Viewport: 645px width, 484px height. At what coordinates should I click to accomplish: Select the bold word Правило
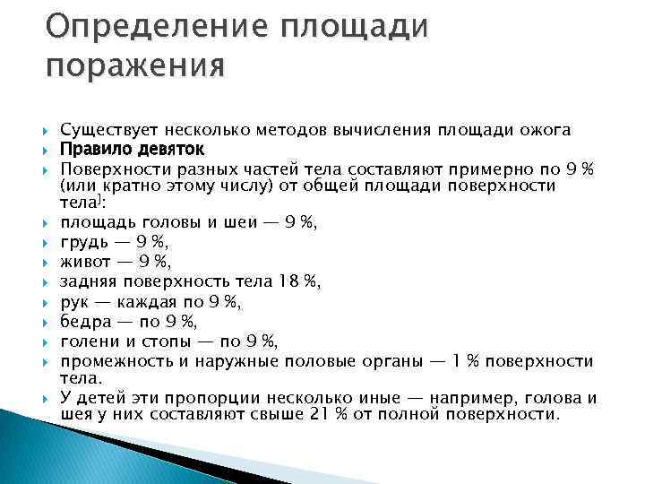pyautogui.click(x=94, y=148)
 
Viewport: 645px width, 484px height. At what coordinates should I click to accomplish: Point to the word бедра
pyautogui.click(x=83, y=322)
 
